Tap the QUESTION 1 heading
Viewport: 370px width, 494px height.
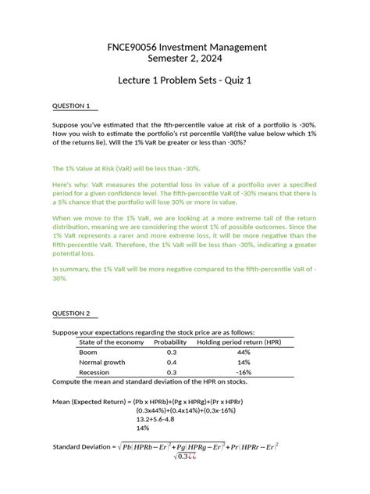[71, 106]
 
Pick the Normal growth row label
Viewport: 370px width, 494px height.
[103, 363]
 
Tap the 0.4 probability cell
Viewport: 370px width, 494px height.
[172, 363]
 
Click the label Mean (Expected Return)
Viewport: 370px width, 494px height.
[91, 400]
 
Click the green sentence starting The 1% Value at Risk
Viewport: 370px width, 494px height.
[126, 168]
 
